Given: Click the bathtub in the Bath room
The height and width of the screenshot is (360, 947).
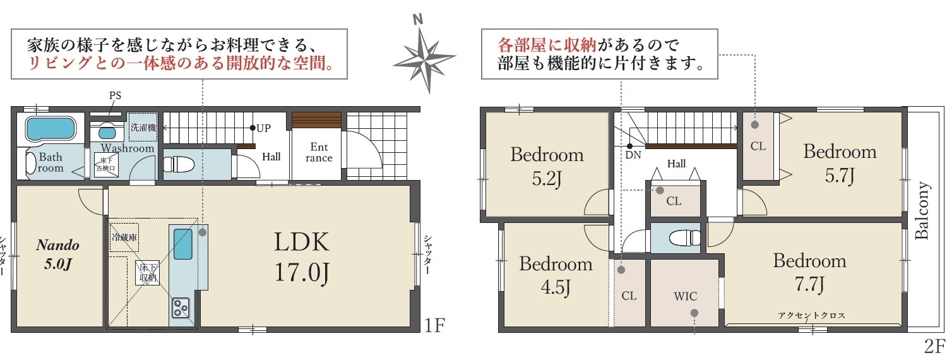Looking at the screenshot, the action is tap(51, 129).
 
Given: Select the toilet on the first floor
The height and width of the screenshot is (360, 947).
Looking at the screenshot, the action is tap(179, 164).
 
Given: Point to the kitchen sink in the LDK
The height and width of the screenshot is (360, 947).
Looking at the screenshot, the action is tap(182, 244).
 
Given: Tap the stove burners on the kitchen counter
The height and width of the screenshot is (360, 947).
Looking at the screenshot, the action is tap(181, 308).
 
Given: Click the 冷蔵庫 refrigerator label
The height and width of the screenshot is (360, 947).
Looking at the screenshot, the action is tap(124, 237).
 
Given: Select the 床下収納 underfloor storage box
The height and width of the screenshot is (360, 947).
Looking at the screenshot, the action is tap(148, 272).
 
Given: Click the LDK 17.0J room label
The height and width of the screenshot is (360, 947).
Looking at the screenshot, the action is tap(301, 257).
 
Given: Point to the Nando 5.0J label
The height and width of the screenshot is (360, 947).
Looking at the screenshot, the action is tap(58, 255).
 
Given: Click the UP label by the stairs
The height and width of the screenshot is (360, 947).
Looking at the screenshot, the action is tap(263, 128).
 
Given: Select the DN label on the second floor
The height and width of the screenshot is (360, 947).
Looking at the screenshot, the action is tap(633, 155).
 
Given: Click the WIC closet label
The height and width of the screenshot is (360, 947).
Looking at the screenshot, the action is tap(685, 296).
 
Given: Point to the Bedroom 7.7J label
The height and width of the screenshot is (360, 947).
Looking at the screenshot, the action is tap(809, 272).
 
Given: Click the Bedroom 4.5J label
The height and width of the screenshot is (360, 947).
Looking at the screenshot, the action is tap(556, 275).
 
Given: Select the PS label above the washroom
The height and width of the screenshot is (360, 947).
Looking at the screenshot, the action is tap(115, 95).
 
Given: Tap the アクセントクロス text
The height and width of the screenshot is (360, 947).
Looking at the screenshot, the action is tap(811, 316).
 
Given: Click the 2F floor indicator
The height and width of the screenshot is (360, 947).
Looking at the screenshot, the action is tap(934, 347).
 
